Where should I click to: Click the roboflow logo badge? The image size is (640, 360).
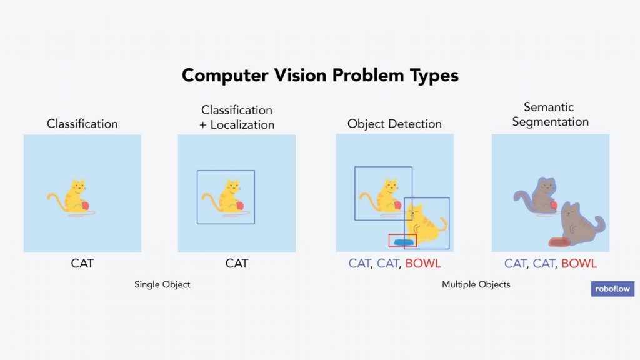[x=612, y=289]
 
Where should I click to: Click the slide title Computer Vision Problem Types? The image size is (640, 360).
[x=320, y=76]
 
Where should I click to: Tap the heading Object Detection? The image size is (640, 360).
[x=394, y=124]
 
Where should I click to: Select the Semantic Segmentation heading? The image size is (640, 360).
[x=550, y=114]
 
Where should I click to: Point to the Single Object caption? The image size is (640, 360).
[x=162, y=284]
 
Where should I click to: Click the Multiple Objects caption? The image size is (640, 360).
[x=476, y=284]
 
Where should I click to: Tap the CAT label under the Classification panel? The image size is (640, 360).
[x=82, y=263]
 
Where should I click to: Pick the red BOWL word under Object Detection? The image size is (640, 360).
[x=423, y=263]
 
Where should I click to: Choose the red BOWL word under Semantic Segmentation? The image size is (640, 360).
[x=579, y=263]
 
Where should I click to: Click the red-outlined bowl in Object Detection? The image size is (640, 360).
[x=402, y=241]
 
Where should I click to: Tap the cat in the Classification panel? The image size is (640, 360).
[x=72, y=197]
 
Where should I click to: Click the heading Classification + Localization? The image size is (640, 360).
[x=237, y=117]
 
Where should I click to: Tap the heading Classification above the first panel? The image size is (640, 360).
[x=82, y=124]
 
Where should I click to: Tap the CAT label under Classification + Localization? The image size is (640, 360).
[x=237, y=263]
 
